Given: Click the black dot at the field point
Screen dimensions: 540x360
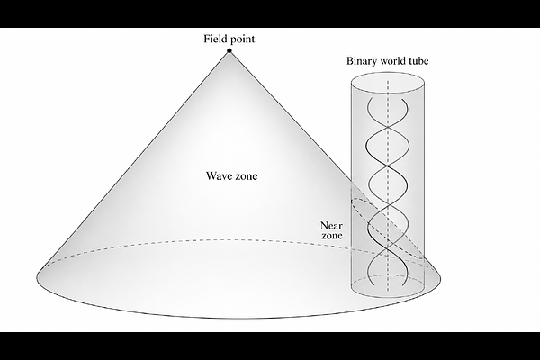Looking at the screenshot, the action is (x=229, y=51).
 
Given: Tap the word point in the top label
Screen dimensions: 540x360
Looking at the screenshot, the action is (x=243, y=40).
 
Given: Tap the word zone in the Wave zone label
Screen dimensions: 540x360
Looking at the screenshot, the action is (x=246, y=176).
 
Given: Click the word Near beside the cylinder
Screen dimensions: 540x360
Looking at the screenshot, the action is (x=331, y=226).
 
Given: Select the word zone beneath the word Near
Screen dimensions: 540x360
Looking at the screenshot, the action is (x=332, y=235).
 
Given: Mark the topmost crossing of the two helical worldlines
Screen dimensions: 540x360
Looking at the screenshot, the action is (x=388, y=128).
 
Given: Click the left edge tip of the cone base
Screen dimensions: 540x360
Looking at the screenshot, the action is (x=37, y=276).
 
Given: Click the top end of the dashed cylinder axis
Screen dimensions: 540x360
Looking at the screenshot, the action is (x=388, y=81).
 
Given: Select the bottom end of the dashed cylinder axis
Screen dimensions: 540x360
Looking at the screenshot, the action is (x=388, y=291).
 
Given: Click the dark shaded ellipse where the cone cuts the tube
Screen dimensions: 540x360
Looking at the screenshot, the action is (x=388, y=228).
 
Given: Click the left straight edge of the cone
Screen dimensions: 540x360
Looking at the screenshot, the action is (x=134, y=160).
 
